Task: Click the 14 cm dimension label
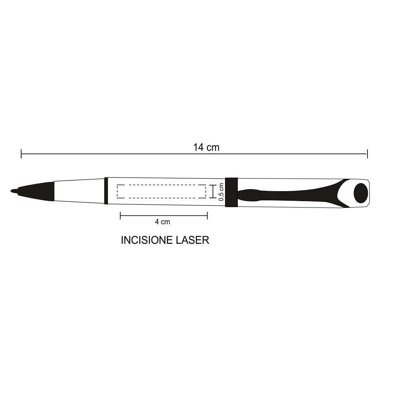tap(206, 147)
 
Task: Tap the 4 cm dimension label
tap(162, 222)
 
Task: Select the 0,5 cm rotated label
tap(221, 192)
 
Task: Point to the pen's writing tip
tap(12, 191)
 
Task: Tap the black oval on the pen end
tap(361, 193)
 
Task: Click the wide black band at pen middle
tap(231, 192)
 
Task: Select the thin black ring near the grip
tap(106, 191)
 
